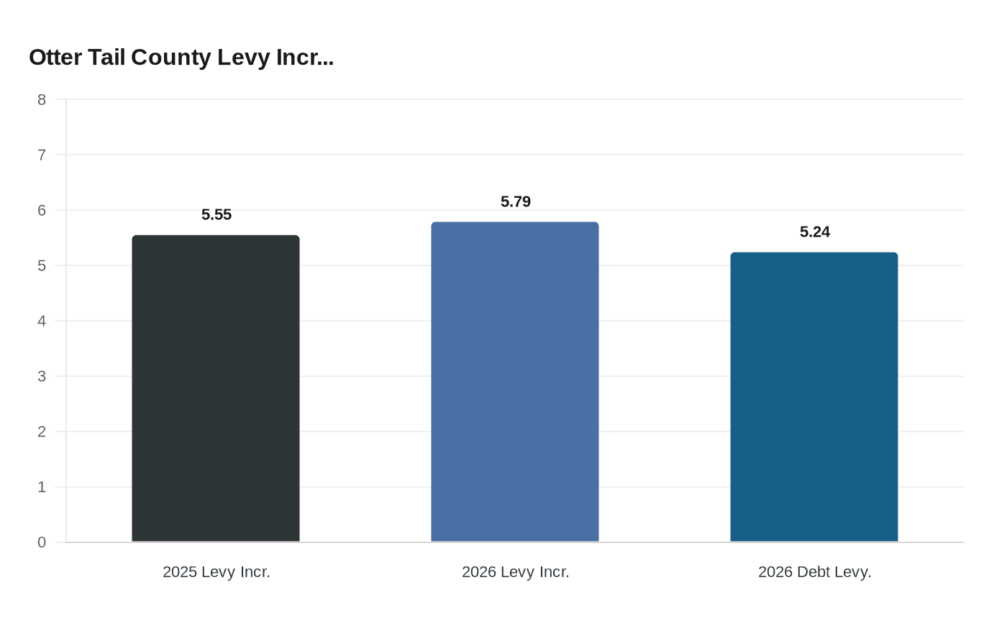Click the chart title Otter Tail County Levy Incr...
(x=181, y=58)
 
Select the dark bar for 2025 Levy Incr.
(x=216, y=388)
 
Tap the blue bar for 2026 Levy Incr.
(x=515, y=382)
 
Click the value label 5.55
(x=217, y=214)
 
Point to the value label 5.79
(x=516, y=201)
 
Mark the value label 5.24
(x=815, y=232)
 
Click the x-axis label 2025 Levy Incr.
(x=217, y=572)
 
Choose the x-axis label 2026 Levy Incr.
(x=516, y=572)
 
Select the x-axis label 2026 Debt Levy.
(x=815, y=572)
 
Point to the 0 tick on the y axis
(x=42, y=542)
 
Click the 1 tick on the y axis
(x=42, y=487)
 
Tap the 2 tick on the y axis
(x=42, y=432)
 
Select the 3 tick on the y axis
(x=42, y=376)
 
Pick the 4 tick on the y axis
(x=42, y=321)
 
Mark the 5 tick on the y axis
(x=42, y=265)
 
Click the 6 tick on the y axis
(x=42, y=210)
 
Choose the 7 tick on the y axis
(x=42, y=155)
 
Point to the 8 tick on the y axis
(x=42, y=100)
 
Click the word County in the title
(x=171, y=58)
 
